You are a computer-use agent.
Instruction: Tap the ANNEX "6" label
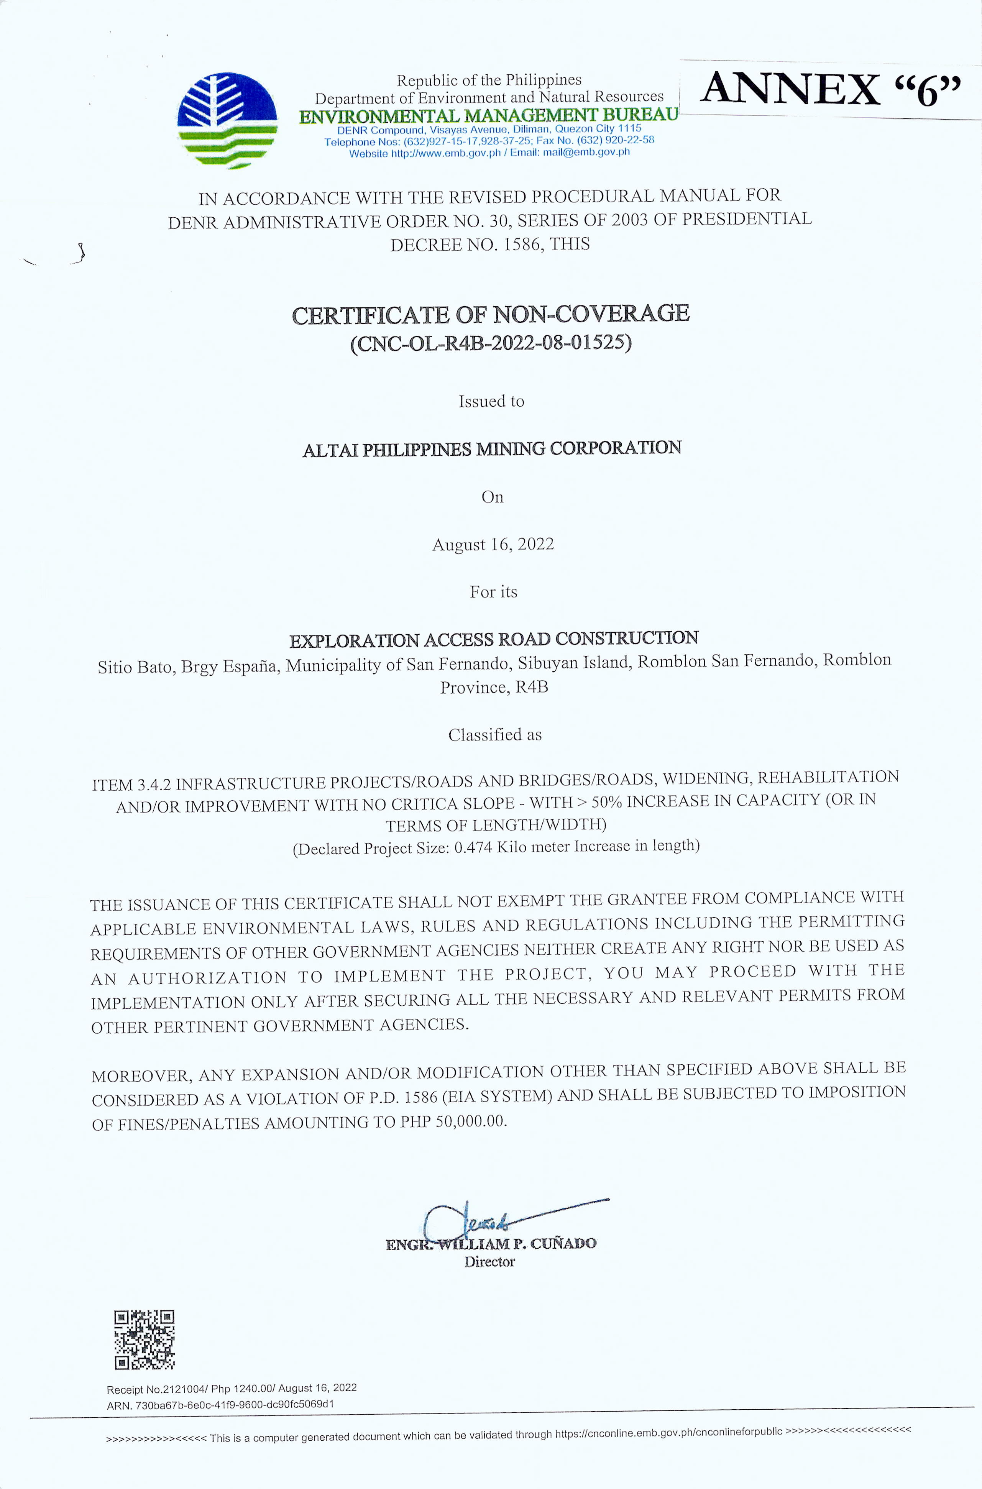[830, 90]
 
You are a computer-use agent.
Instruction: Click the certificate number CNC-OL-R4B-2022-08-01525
[491, 344]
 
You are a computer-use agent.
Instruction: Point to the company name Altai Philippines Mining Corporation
[492, 449]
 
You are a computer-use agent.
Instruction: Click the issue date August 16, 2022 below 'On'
[493, 544]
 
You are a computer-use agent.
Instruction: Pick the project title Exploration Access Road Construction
[494, 639]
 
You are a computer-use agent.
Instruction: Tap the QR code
[144, 1340]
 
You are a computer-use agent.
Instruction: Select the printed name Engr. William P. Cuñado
[492, 1244]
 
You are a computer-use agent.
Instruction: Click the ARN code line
[220, 1404]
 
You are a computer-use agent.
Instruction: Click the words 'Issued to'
[492, 401]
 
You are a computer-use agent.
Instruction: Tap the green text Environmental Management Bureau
[488, 116]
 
